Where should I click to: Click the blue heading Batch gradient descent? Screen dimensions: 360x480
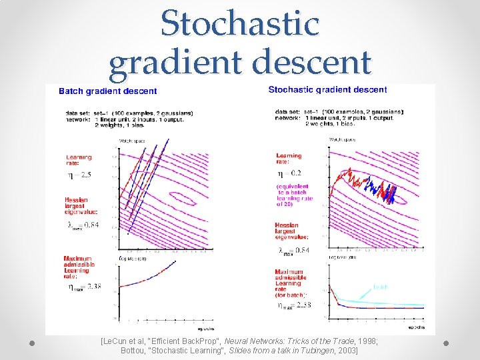pyautogui.click(x=108, y=91)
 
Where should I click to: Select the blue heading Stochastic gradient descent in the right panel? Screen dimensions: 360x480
pyautogui.click(x=327, y=90)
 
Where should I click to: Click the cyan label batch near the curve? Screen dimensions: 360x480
pyautogui.click(x=380, y=287)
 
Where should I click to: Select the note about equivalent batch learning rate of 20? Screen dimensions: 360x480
pyautogui.click(x=293, y=195)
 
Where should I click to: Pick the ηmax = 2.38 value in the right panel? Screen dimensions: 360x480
pyautogui.click(x=293, y=305)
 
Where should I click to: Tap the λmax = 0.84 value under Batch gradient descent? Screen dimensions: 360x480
pyautogui.click(x=83, y=225)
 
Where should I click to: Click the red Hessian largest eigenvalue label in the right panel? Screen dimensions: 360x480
pyautogui.click(x=291, y=231)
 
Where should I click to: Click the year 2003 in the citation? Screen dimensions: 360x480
pyautogui.click(x=347, y=350)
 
